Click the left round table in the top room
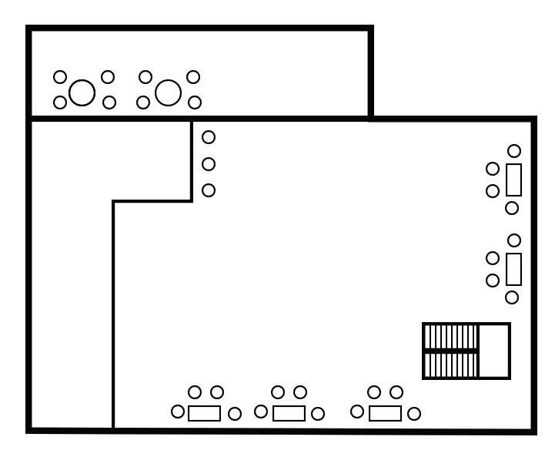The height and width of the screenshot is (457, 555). (82, 93)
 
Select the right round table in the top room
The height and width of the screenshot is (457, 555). (168, 93)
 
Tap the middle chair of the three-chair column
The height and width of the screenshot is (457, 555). (208, 164)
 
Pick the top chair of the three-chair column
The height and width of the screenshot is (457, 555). (208, 137)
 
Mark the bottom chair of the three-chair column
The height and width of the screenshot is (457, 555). (208, 190)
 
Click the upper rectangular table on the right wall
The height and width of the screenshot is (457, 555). (513, 180)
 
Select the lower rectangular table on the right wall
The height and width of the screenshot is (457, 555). (513, 269)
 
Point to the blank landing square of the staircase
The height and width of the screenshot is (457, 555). (494, 351)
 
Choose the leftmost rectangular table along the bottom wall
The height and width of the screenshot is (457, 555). (204, 413)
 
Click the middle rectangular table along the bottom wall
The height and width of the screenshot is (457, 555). (289, 413)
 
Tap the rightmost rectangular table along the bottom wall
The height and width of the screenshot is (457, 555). (385, 413)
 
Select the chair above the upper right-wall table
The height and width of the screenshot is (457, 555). (514, 150)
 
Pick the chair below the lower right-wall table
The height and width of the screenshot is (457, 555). (512, 297)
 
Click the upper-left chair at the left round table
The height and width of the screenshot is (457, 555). (60, 77)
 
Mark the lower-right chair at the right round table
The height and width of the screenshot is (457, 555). (195, 102)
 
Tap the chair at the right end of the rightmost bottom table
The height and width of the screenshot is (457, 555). (414, 414)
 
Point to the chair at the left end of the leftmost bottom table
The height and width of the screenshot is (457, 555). (178, 412)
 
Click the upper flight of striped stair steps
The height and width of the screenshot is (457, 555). (451, 337)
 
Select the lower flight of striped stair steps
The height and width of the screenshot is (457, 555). (451, 364)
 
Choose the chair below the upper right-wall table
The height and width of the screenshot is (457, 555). (512, 208)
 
